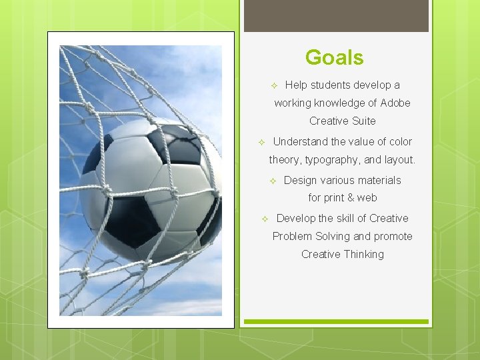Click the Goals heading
[334, 57]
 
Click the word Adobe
[395, 103]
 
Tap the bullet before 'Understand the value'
[261, 143]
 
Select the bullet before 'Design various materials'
[272, 181]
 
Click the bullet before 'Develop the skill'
[264, 219]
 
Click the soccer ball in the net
[150, 190]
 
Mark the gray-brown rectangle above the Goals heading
[336, 16]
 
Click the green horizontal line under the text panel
[336, 322]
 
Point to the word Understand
[300, 142]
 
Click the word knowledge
[337, 103]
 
